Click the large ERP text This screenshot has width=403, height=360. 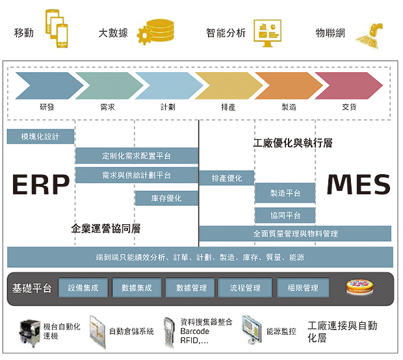(40, 185)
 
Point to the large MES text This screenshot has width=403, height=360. (358, 185)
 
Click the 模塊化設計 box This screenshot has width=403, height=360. (40, 136)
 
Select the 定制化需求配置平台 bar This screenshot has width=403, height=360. (136, 156)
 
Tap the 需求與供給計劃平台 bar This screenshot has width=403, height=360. (136, 175)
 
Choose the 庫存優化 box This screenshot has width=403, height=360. (166, 198)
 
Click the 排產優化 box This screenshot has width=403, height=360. (226, 178)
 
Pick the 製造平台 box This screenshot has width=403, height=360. (285, 193)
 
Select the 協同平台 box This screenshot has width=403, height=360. (285, 216)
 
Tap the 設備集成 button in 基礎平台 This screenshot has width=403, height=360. (83, 288)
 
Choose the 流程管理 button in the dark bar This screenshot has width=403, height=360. (240, 288)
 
